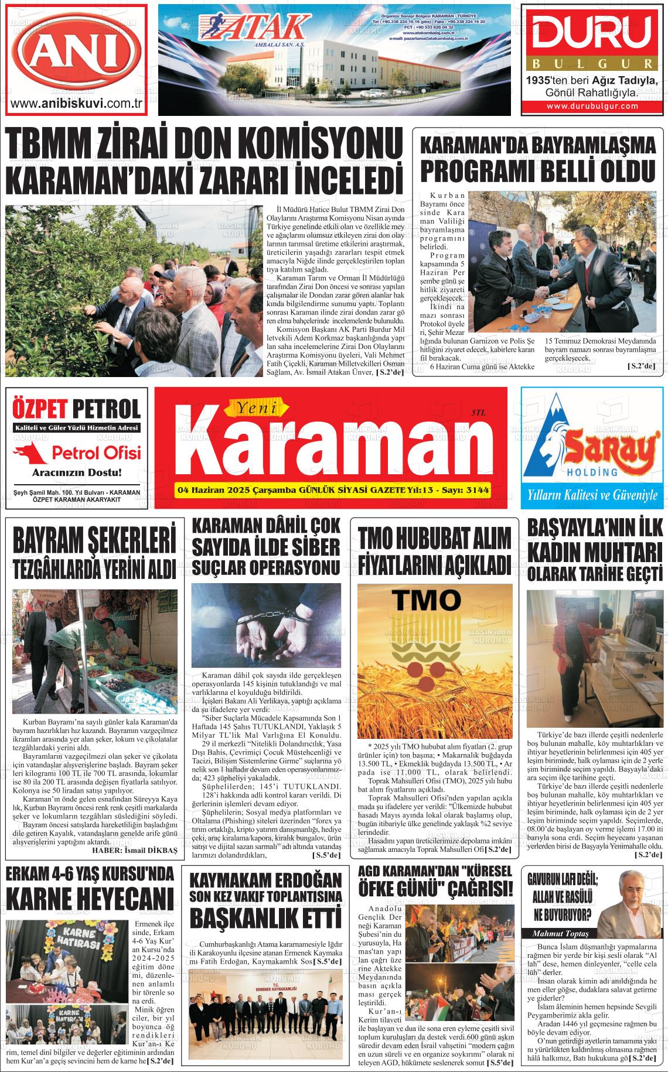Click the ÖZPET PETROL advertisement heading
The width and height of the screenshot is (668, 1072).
tap(76, 408)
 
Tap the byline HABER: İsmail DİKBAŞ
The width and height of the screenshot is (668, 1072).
tap(134, 850)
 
